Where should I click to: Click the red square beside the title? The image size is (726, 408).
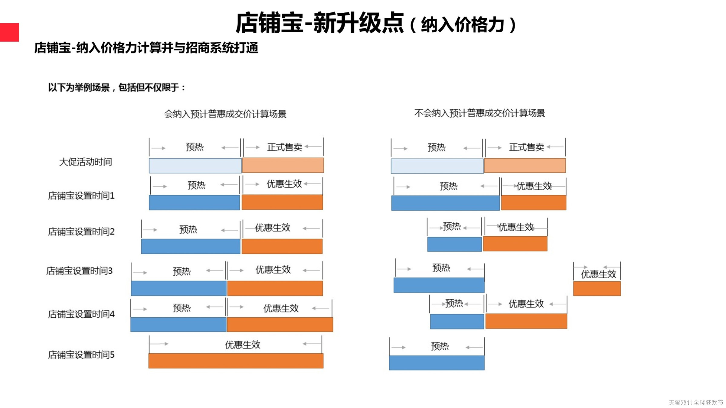[9, 32]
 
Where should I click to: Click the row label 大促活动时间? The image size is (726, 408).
[86, 162]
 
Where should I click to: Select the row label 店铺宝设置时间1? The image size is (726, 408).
[81, 196]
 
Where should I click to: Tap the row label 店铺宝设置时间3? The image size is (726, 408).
[79, 271]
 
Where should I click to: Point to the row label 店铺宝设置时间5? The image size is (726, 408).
[81, 355]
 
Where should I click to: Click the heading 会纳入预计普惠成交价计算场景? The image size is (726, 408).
[225, 114]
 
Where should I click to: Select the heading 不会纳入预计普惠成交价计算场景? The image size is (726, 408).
[479, 113]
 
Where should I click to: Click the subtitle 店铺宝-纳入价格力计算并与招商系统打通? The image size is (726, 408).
[146, 48]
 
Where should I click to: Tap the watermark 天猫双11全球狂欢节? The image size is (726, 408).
[695, 403]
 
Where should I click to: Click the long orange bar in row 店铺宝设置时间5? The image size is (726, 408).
[236, 361]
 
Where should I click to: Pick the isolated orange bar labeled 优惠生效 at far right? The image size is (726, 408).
[597, 289]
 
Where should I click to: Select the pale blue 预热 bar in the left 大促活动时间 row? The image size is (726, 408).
[195, 166]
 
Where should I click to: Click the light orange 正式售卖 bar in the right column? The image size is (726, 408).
[525, 166]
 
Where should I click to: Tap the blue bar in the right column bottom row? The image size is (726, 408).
[437, 363]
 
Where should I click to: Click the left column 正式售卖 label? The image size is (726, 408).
[284, 147]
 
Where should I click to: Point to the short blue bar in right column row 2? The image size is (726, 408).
[454, 244]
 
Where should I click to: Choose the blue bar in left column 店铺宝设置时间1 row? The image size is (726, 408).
[194, 202]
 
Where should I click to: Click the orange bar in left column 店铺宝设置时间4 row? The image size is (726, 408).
[280, 325]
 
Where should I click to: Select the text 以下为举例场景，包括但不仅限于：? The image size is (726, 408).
[117, 88]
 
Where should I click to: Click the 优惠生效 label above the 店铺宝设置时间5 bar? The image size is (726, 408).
[242, 345]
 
